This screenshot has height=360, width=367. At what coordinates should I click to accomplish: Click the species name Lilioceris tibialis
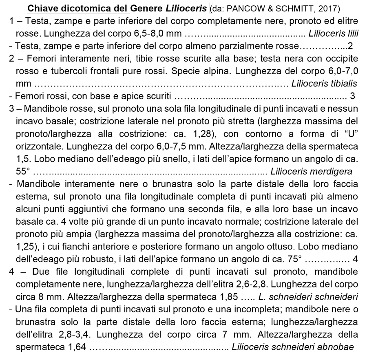pyautogui.click(x=325, y=84)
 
